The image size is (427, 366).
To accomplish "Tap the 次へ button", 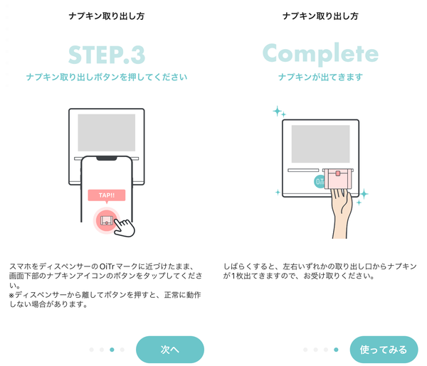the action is coord(170,350).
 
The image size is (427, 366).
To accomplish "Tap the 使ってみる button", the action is coord(384,350).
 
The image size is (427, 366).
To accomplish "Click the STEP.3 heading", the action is coord(107,55).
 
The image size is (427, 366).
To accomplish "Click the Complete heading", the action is coord(320,53).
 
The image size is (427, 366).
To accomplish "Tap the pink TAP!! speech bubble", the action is coord(107,195).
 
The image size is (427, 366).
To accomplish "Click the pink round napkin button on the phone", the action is coord(106,220).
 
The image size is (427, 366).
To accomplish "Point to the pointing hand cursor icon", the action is coord(124,227).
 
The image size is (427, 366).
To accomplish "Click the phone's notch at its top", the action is coord(107,158).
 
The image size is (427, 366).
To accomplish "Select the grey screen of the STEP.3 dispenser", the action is coord(107,132).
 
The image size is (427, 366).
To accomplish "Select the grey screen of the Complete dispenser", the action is coord(320,144).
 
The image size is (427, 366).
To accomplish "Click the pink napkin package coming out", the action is coord(338,178).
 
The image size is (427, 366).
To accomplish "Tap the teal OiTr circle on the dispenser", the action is coord(319,182).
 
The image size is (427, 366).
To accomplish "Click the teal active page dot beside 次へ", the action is coord(112,350).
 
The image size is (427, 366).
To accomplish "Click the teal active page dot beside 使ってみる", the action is coord(336,350).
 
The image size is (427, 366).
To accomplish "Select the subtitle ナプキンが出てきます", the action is coord(320,77).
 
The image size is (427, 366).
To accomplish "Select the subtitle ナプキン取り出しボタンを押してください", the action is coord(107,77).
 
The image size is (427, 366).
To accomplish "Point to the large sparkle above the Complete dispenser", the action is coord(278,111).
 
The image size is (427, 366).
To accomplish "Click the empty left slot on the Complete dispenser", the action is coord(303,171).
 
